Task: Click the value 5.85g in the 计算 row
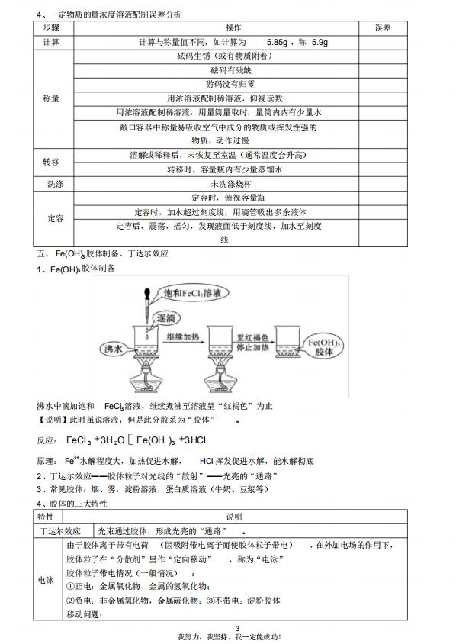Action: [283, 42]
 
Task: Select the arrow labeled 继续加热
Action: [188, 343]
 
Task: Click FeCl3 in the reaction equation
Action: [79, 440]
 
